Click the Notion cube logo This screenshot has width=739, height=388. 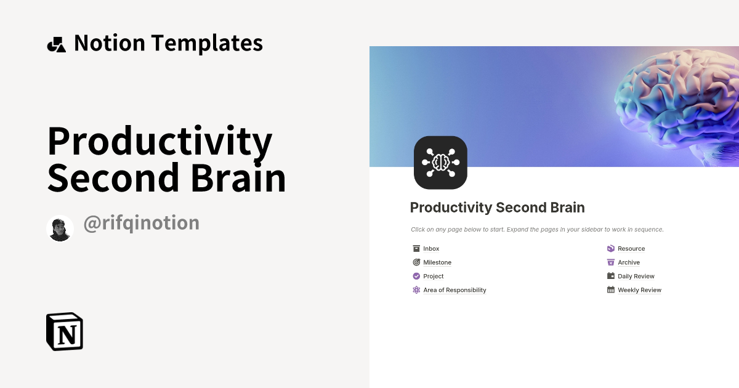65,331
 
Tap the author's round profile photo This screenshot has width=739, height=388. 60,228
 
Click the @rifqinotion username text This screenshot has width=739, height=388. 141,223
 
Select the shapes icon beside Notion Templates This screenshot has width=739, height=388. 56,44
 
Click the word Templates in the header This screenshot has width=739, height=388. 207,43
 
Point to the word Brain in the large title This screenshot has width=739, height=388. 238,178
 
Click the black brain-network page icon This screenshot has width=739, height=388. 440,163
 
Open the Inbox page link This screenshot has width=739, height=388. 431,249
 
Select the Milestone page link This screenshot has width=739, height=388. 437,262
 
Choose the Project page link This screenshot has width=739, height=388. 434,277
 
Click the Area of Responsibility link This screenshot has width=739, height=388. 454,290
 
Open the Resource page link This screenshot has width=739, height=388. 631,249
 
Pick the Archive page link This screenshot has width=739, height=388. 629,262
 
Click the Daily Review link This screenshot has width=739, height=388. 636,277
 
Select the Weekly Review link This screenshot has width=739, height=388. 639,290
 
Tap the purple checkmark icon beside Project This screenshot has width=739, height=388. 416,277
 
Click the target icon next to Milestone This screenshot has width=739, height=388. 416,262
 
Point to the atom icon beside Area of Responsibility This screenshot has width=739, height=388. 416,290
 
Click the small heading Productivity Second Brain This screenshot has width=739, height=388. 497,208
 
